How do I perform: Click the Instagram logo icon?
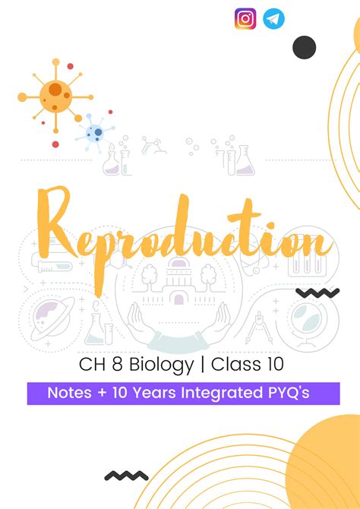pos(245,19)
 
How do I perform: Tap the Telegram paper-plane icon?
pos(273,19)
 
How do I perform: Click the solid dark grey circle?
pos(304,47)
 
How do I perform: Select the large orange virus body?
pos(56,96)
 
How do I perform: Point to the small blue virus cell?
pos(95,133)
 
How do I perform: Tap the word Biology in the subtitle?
pos(161,364)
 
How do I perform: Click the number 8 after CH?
pos(117,364)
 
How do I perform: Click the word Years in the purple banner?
pos(155,393)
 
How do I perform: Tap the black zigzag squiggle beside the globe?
pos(317,292)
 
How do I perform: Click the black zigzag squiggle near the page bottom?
pos(126,476)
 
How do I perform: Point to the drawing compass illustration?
pos(259,328)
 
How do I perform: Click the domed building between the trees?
pos(179,282)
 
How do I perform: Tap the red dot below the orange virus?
pos(55,144)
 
